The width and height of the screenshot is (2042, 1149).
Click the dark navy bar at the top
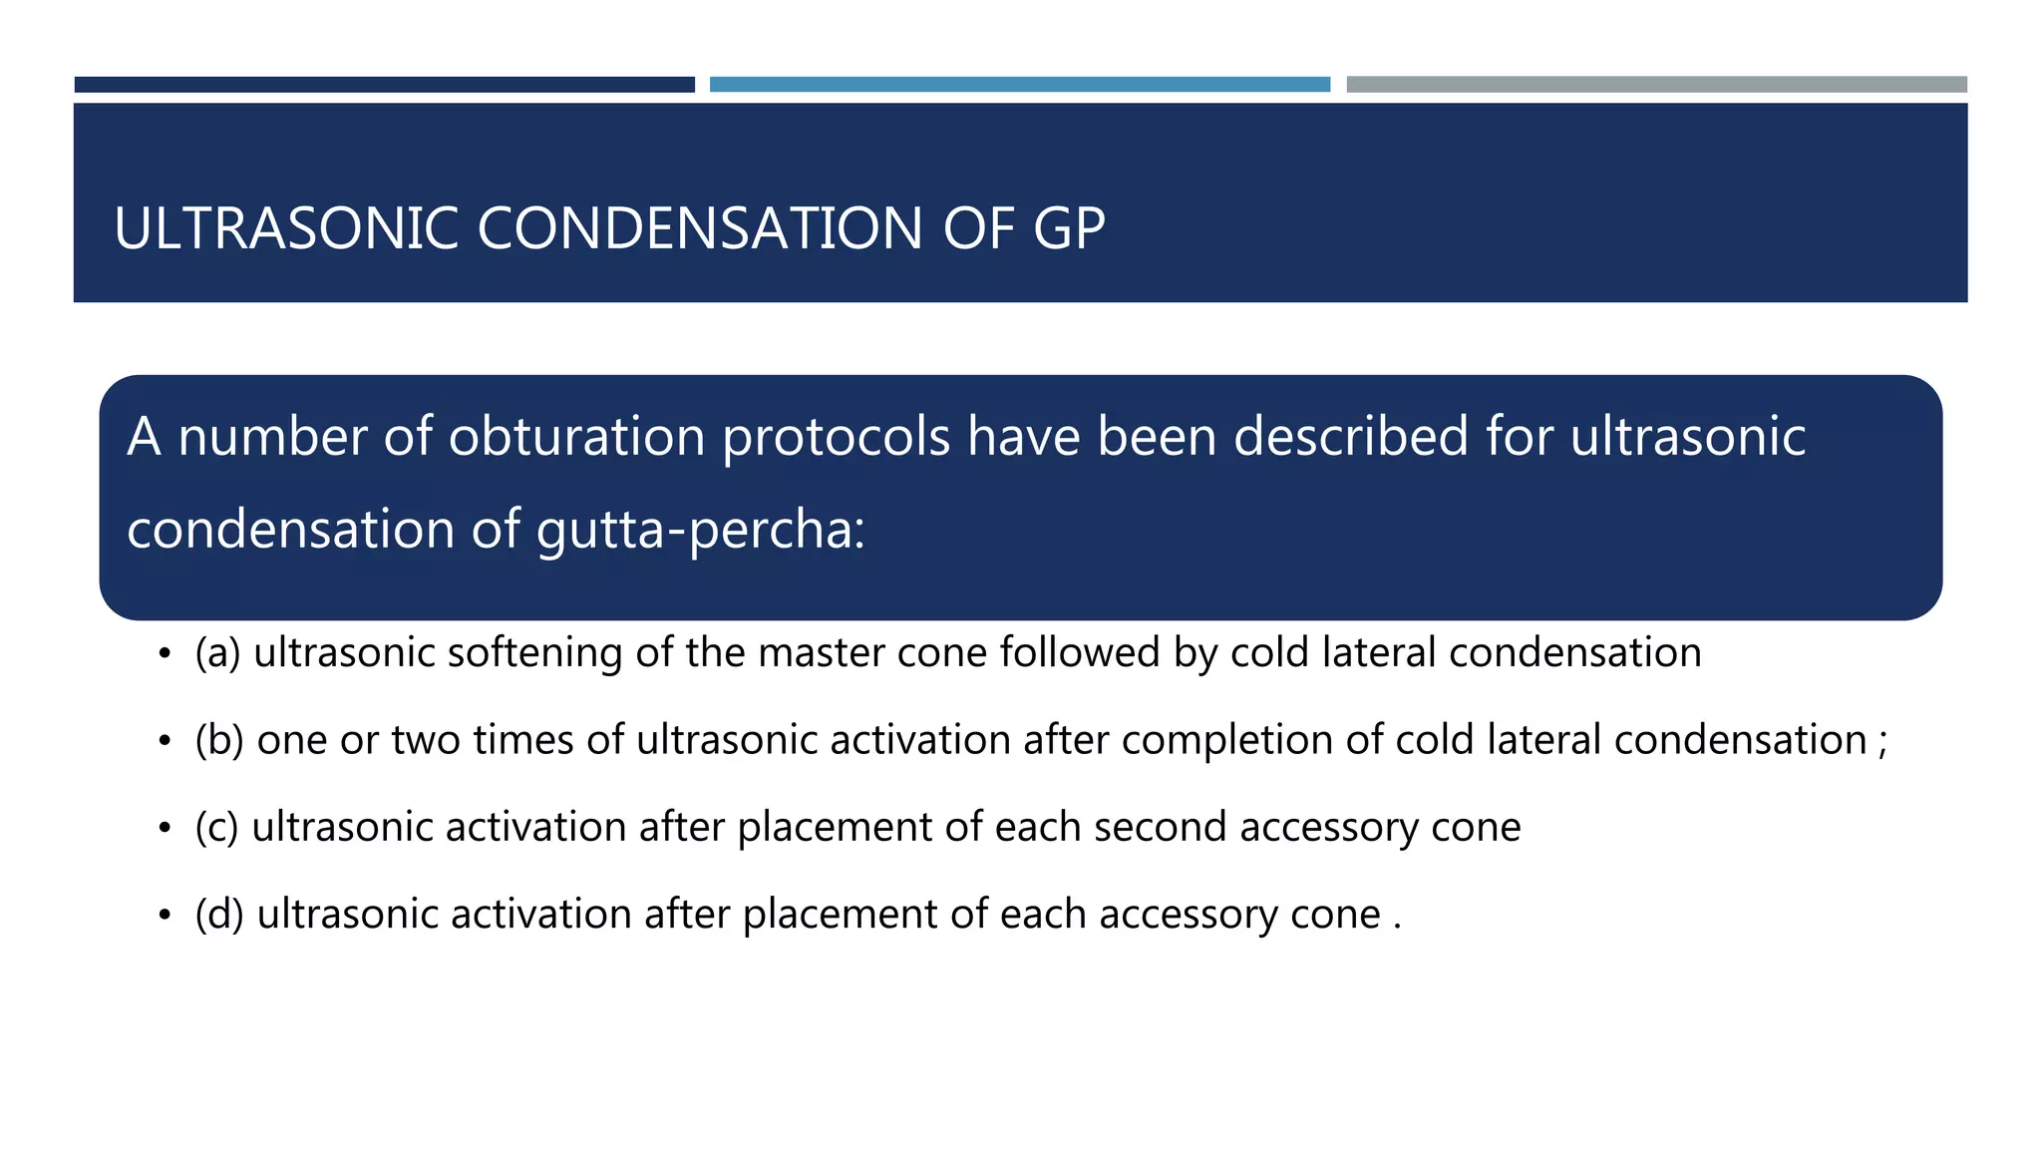pos(384,85)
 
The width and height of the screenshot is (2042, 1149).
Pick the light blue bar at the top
pos(1019,85)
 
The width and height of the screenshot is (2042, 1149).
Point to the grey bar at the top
pos(1656,85)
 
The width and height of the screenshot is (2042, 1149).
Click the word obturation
pos(576,437)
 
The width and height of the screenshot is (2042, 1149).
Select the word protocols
pos(836,437)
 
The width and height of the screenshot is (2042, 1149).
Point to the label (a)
pos(217,653)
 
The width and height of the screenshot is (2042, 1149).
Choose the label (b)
pos(219,740)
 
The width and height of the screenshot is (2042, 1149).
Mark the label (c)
pos(216,828)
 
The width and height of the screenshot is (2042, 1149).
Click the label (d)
pos(219,915)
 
